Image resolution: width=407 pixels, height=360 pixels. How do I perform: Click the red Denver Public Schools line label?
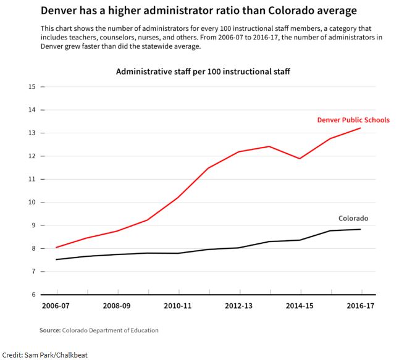[353, 120]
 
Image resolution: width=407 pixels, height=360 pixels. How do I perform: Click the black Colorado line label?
[353, 219]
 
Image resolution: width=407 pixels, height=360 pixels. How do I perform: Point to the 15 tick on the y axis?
[31, 86]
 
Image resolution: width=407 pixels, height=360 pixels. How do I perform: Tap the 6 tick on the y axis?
[33, 295]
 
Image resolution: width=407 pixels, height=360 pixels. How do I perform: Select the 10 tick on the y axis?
[31, 203]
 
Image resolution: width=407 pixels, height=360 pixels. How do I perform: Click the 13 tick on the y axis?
[31, 133]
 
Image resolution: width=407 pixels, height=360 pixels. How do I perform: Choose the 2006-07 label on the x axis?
[56, 305]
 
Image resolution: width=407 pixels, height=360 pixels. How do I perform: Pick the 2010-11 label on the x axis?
[178, 305]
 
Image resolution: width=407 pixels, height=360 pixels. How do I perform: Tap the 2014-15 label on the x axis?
[300, 305]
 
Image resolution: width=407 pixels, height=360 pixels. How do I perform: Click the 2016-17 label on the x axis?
[360, 305]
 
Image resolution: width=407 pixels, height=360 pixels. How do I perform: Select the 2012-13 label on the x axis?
[238, 305]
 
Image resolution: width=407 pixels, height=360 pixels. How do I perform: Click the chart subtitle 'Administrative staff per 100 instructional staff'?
[203, 72]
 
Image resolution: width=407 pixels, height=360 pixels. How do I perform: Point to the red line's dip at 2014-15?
[300, 159]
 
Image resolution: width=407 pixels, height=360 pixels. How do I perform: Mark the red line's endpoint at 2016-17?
[360, 128]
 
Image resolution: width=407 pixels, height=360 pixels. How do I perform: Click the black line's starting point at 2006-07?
[57, 259]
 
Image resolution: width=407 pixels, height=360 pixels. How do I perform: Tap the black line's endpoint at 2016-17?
[360, 229]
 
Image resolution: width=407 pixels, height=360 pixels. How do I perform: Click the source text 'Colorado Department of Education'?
[110, 330]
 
